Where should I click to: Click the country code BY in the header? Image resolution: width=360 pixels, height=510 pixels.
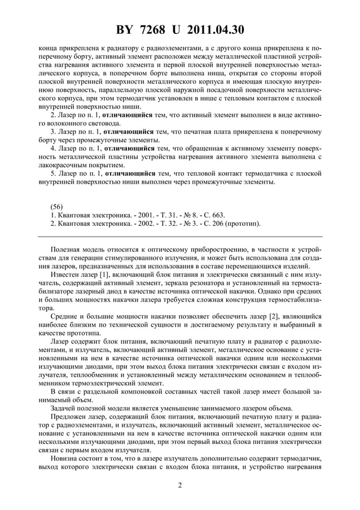pyautogui.click(x=126, y=30)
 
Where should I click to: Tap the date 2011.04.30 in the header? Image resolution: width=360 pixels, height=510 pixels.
pyautogui.click(x=217, y=30)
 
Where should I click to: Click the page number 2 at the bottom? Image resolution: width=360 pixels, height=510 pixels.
pyautogui.click(x=180, y=485)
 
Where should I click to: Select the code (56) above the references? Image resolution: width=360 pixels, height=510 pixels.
pyautogui.click(x=58, y=206)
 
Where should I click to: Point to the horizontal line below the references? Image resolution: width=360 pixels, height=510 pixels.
pyautogui.click(x=180, y=236)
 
